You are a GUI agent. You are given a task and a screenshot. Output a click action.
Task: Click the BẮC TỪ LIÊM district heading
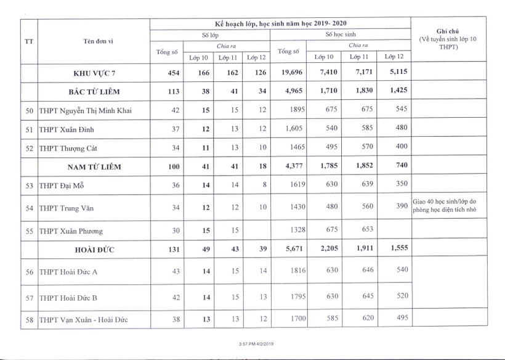[x=93, y=92]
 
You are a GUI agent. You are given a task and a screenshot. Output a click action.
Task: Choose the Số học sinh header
[x=341, y=35]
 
